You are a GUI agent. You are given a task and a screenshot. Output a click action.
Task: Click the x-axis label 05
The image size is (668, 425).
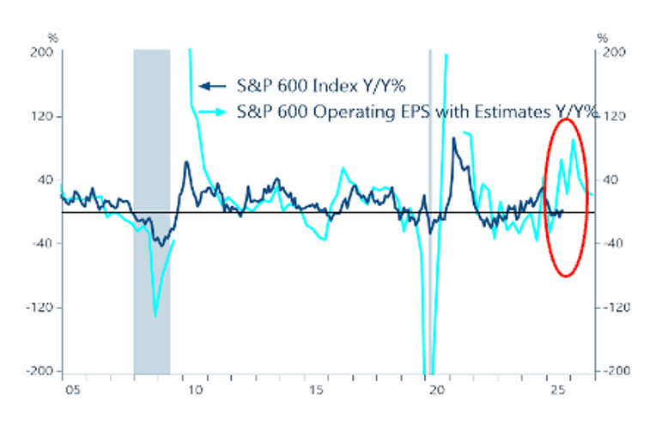pyautogui.click(x=73, y=392)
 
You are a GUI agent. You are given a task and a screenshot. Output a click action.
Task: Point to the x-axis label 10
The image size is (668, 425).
pyautogui.click(x=195, y=392)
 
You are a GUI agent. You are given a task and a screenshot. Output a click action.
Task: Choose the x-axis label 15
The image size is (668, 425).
pyautogui.click(x=316, y=392)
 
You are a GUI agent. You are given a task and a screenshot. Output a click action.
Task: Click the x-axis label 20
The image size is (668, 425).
pyautogui.click(x=437, y=392)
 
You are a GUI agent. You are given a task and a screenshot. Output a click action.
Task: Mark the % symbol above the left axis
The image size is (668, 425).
pyautogui.click(x=53, y=38)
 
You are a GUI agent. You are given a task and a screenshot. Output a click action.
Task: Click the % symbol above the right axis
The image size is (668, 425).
pyautogui.click(x=602, y=38)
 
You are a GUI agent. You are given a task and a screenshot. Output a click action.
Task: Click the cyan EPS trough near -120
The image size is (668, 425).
pyautogui.click(x=155, y=315)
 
